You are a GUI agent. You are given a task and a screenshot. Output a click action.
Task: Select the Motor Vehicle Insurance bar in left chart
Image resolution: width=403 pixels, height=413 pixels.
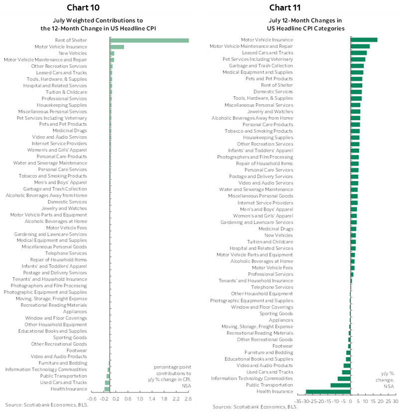click(x=116, y=47)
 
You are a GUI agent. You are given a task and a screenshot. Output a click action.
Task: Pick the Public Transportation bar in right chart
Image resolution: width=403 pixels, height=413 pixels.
click(x=340, y=385)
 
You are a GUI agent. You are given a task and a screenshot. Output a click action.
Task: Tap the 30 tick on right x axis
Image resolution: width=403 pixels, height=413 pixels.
click(x=395, y=401)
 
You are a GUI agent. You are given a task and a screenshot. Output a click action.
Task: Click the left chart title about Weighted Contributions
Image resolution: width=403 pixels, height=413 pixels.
click(x=105, y=24)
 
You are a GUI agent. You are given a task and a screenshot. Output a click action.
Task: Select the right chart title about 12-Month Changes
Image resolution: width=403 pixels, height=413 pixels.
click(x=305, y=24)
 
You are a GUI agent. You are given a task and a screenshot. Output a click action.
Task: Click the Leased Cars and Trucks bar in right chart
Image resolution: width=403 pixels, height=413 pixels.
click(x=359, y=53)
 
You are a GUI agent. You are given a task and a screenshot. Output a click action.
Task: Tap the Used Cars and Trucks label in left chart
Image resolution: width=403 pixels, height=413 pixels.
click(x=63, y=383)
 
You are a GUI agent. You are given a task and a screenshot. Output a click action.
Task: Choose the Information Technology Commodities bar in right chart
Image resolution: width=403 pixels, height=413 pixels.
click(x=344, y=379)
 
